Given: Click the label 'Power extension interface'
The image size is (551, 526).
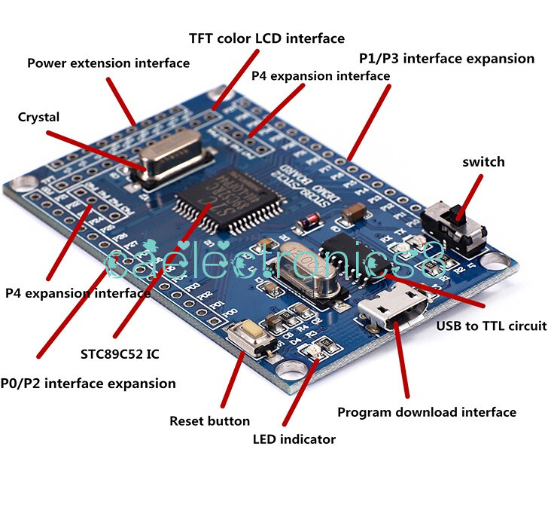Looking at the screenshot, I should [x=108, y=63].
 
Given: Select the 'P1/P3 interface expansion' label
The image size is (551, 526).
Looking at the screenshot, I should [x=446, y=58].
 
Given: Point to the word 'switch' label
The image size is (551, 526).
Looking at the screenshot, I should [x=483, y=162].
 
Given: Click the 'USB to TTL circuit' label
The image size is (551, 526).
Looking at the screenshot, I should [x=492, y=326].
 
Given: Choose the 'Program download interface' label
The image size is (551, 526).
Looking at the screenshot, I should [x=426, y=412].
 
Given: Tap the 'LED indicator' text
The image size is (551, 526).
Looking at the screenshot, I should [x=293, y=439].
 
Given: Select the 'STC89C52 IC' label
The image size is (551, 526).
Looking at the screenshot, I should [x=120, y=353].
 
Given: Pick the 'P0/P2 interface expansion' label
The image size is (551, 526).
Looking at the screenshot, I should [x=88, y=383].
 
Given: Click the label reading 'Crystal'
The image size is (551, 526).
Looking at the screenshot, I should [x=38, y=117].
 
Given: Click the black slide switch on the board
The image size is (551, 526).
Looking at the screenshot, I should [x=452, y=225].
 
